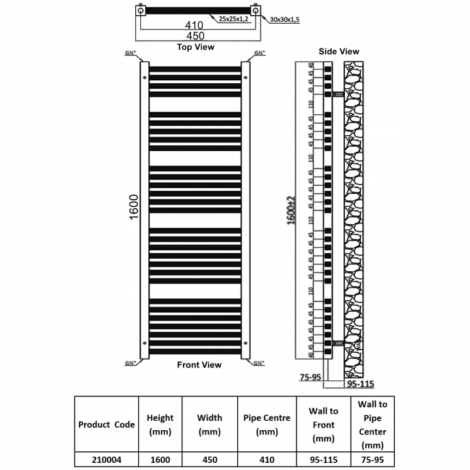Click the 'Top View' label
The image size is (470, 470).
[x=196, y=47]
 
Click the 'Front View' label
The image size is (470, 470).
[x=199, y=365]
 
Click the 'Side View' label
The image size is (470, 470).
[x=339, y=51]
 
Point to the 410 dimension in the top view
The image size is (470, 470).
[x=193, y=25]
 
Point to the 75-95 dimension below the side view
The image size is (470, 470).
[x=310, y=376]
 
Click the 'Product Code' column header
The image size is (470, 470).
[x=106, y=424]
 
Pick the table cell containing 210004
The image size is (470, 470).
[x=106, y=458]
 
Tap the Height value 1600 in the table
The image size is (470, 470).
[x=159, y=458]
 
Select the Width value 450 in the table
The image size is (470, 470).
[x=209, y=458]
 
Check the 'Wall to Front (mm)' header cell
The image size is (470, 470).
[x=322, y=424]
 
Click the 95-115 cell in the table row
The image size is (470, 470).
[x=322, y=458]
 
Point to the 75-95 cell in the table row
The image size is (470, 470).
[x=373, y=458]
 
